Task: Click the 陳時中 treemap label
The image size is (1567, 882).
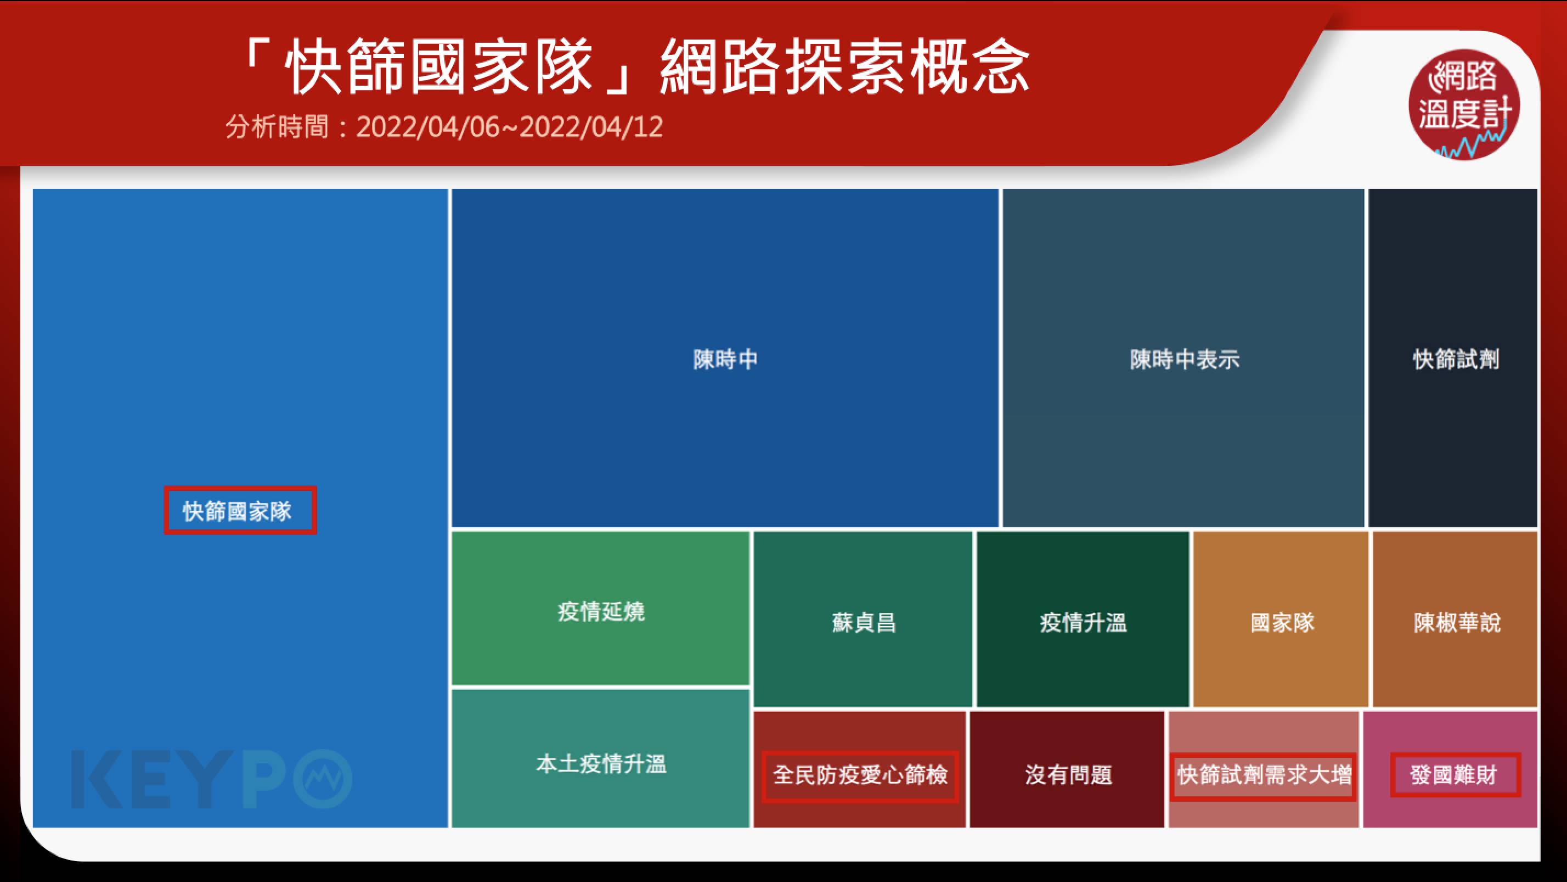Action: (x=726, y=359)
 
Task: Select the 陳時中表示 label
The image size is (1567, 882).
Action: (x=1185, y=359)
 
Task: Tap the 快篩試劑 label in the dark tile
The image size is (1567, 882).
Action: (x=1456, y=359)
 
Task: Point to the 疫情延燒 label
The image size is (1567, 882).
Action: (x=601, y=611)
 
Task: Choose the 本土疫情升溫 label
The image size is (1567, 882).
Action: (x=601, y=764)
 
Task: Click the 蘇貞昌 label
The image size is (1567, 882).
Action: (x=863, y=622)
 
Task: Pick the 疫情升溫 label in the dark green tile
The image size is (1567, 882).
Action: (x=1083, y=622)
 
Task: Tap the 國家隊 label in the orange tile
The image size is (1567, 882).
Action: (x=1282, y=622)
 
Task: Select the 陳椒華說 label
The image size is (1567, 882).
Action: (x=1457, y=622)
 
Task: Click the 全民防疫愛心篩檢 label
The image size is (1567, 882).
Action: (x=860, y=775)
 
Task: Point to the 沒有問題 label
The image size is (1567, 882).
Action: (x=1068, y=775)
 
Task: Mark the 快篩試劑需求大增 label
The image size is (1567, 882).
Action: (x=1264, y=775)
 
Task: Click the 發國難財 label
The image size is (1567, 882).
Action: (x=1453, y=775)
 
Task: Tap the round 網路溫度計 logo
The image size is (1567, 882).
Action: (x=1464, y=105)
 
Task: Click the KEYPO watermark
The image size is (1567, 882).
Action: (x=212, y=779)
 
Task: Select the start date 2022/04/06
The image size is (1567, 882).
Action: (x=427, y=127)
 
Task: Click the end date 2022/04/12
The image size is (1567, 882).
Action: (x=591, y=127)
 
